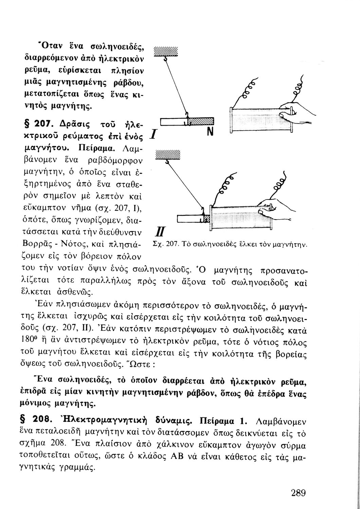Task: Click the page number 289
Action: pos(299,492)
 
